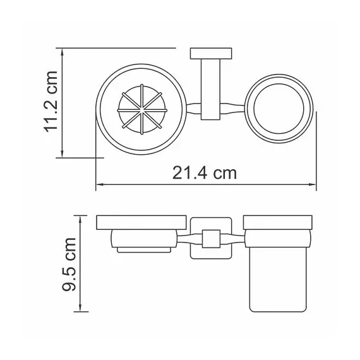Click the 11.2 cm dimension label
(x=50, y=104)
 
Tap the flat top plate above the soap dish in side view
(x=141, y=222)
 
